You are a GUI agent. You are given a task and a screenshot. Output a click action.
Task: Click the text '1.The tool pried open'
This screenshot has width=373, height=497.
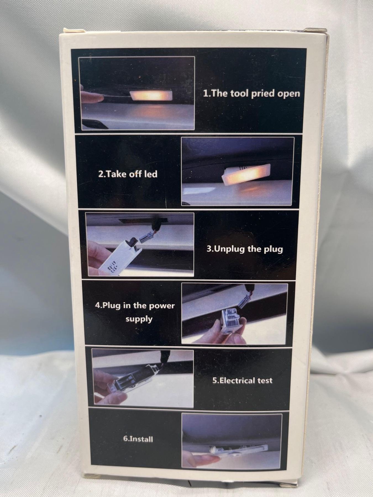click(251, 94)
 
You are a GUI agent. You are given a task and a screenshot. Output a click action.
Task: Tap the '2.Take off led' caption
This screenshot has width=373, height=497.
click(128, 174)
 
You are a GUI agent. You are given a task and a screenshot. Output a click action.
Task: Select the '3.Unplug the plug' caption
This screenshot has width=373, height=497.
click(245, 249)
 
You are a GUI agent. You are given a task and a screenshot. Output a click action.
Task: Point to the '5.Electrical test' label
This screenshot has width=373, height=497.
click(242, 380)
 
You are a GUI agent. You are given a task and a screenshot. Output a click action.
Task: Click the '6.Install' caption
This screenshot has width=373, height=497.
click(138, 439)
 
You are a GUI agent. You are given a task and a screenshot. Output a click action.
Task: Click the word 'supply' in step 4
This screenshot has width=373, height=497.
click(139, 319)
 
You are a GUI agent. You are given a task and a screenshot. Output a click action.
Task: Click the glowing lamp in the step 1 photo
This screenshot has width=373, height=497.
click(151, 96)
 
